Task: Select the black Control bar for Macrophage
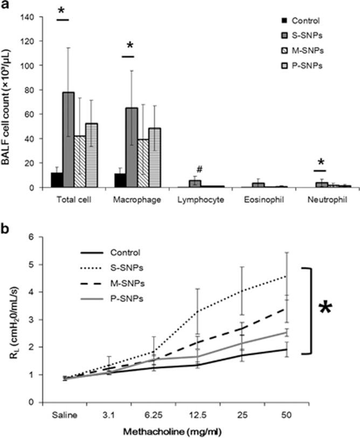pos(120,180)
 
